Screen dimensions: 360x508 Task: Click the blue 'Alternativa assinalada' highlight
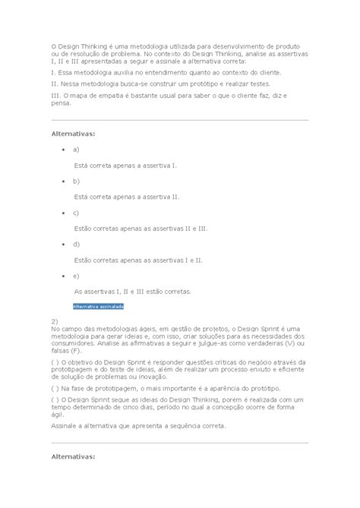click(x=98, y=306)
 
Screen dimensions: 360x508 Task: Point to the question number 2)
click(x=55, y=320)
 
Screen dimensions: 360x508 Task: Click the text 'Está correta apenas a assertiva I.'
click(x=125, y=165)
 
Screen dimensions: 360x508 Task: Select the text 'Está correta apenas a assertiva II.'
click(x=127, y=196)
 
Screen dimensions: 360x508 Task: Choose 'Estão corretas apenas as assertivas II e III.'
click(x=141, y=228)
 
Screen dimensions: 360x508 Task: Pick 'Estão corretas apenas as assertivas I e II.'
click(x=138, y=260)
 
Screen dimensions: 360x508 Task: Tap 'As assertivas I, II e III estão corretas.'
click(x=133, y=291)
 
